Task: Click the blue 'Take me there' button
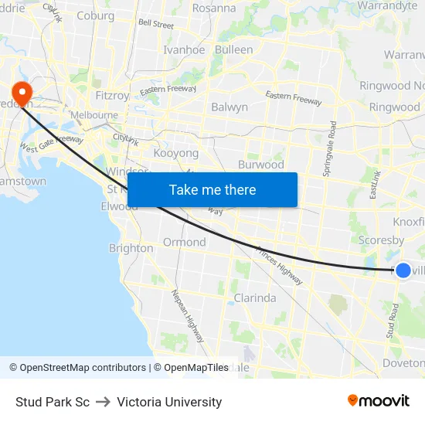(212, 189)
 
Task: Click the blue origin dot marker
(403, 270)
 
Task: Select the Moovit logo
(379, 400)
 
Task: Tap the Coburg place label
(96, 15)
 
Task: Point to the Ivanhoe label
(184, 49)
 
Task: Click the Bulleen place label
(233, 49)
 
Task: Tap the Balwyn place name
(229, 107)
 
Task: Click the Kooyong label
(176, 154)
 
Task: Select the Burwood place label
(261, 165)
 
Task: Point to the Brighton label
(131, 248)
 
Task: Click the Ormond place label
(184, 242)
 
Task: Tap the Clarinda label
(254, 297)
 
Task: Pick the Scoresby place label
(381, 240)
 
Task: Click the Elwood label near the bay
(119, 206)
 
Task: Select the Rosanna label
(214, 8)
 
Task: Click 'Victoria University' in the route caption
(169, 402)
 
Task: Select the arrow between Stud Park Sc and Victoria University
(103, 402)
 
